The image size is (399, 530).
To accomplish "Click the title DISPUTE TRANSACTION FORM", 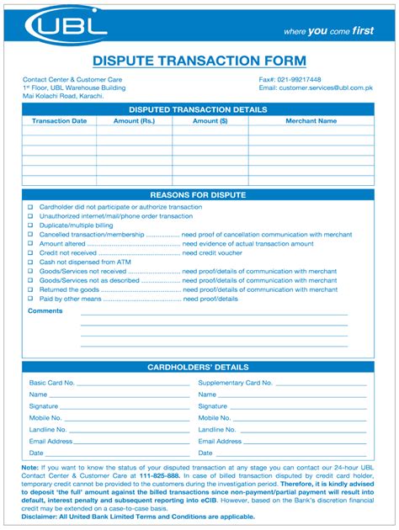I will click(x=199, y=61).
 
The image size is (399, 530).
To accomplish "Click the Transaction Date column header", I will click(x=59, y=121).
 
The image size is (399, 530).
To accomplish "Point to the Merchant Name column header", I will click(x=311, y=121).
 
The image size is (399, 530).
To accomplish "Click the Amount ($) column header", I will click(x=210, y=121).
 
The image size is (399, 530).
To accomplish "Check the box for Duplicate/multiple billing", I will click(x=30, y=225).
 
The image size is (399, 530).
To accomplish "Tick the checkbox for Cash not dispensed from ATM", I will click(x=30, y=262).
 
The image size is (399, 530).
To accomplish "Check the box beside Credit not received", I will click(x=30, y=252).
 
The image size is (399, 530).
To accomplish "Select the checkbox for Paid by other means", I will click(x=30, y=299).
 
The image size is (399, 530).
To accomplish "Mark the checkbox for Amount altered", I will click(x=30, y=243).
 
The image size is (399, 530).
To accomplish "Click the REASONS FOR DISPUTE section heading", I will click(x=198, y=195).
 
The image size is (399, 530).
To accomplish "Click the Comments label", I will click(x=45, y=311).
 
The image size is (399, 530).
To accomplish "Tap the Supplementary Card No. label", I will click(x=235, y=383).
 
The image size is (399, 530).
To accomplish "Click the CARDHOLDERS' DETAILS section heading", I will click(x=198, y=368).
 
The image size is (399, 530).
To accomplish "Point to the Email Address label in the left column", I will click(x=51, y=441).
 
